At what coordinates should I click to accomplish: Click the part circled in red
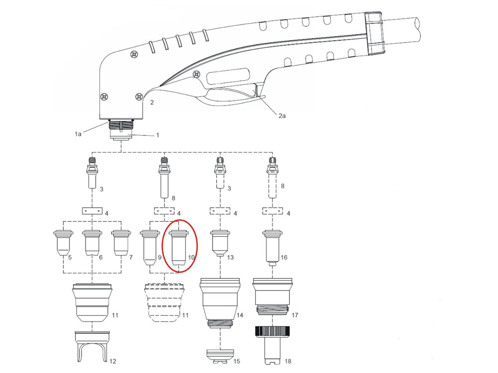tap(179, 249)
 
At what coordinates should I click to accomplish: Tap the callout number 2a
tap(282, 116)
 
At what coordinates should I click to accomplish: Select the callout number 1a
tap(78, 134)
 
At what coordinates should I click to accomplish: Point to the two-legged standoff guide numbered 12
tap(92, 347)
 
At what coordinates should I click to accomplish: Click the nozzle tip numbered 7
tap(121, 244)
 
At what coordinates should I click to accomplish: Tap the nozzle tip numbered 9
tap(150, 248)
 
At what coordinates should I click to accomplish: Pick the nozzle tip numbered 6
tap(92, 244)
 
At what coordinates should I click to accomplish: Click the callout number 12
tap(113, 361)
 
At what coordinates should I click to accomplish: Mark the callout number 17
tap(294, 315)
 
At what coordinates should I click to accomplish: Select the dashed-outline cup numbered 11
tap(164, 303)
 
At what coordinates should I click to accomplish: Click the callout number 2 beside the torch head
tap(152, 102)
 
